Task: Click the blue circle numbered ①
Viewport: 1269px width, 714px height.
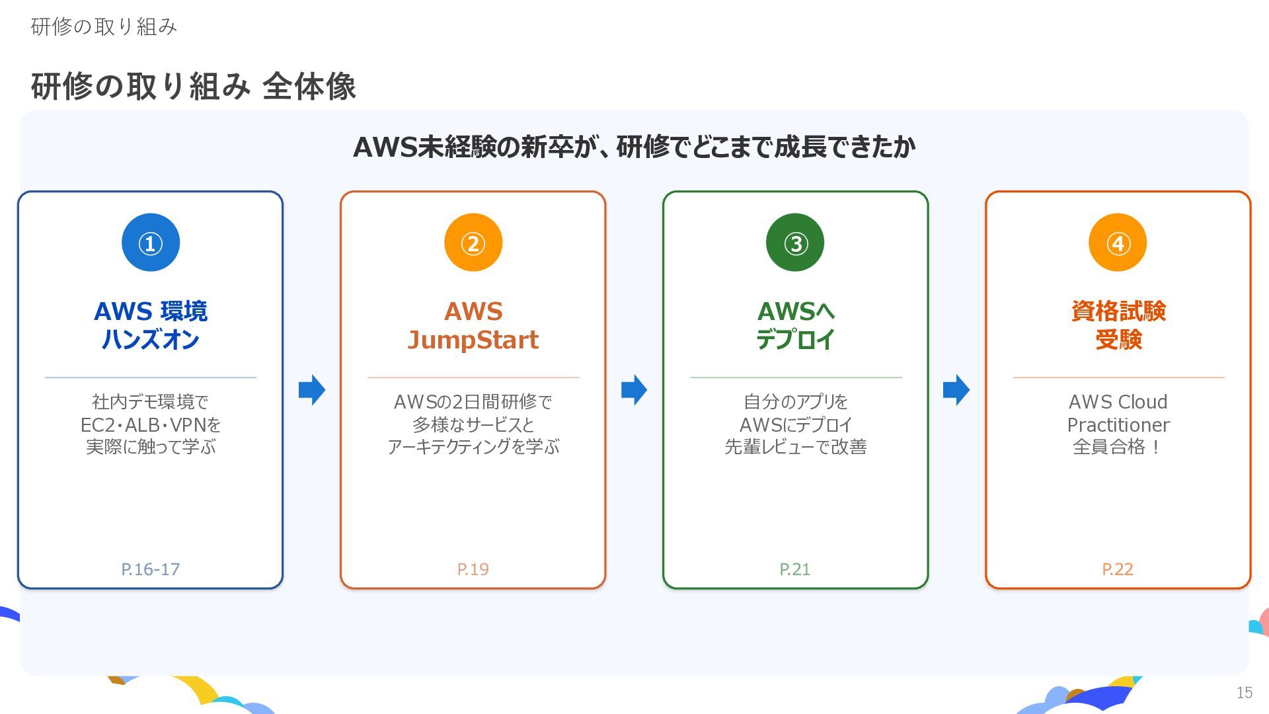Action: tap(151, 243)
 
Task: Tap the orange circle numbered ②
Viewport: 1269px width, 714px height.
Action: tap(473, 243)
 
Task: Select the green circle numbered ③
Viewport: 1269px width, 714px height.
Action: tap(795, 243)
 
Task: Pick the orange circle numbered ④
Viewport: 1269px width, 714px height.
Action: tap(1118, 243)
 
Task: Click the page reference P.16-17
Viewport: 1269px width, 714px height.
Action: tap(151, 569)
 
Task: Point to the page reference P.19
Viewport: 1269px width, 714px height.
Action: tap(473, 569)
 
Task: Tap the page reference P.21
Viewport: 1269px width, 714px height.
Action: tap(795, 569)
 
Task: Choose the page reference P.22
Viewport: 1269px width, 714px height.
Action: tap(1118, 569)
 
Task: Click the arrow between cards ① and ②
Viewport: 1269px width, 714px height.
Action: tap(312, 390)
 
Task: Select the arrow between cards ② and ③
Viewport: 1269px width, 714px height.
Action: tap(634, 390)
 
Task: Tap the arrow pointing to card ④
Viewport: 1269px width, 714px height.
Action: tap(956, 390)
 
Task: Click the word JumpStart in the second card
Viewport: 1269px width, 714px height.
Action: tap(473, 340)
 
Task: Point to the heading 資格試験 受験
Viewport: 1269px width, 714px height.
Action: tap(1118, 325)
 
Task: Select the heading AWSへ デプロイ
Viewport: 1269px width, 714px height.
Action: tap(796, 325)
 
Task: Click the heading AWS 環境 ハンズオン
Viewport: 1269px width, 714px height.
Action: tap(151, 325)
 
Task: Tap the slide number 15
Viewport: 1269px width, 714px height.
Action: tap(1245, 693)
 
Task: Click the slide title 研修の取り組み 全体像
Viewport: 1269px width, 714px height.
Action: tap(194, 87)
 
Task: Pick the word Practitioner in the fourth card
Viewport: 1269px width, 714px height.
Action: tap(1118, 424)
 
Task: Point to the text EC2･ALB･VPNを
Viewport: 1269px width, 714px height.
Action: tap(151, 424)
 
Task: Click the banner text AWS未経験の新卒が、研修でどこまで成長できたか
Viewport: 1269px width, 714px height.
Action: tap(634, 147)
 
